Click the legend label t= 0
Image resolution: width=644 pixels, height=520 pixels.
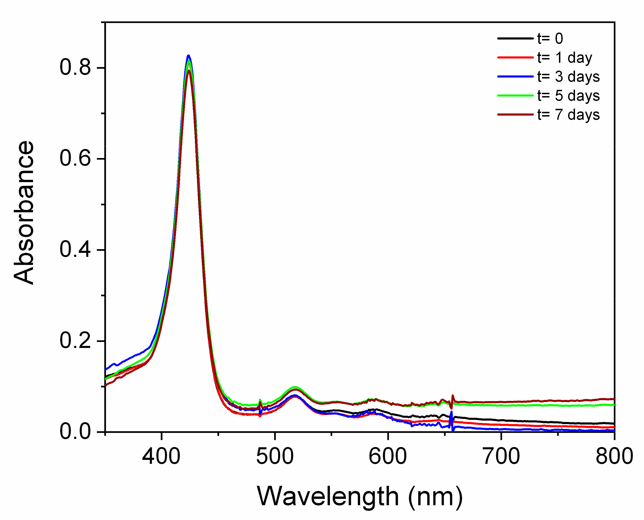pyautogui.click(x=550, y=39)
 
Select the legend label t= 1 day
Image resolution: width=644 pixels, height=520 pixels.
pyautogui.click(x=564, y=58)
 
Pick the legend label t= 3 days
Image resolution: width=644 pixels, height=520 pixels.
pyautogui.click(x=568, y=77)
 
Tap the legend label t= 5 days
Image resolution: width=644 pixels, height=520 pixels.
pyautogui.click(x=568, y=96)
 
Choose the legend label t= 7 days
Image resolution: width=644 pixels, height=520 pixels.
pyautogui.click(x=568, y=115)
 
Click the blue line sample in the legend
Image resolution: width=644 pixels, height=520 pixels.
pyautogui.click(x=515, y=77)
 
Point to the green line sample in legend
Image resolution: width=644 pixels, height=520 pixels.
pyautogui.click(x=515, y=96)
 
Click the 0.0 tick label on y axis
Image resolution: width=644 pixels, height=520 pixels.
pyautogui.click(x=75, y=432)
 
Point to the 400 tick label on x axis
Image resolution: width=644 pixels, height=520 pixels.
pyautogui.click(x=161, y=456)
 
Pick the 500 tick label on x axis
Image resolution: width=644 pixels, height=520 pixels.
pyautogui.click(x=274, y=456)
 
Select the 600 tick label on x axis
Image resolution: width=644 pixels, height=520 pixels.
pyautogui.click(x=388, y=456)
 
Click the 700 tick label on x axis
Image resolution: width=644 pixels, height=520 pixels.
pyautogui.click(x=501, y=456)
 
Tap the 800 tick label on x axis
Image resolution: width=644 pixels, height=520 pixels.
pyautogui.click(x=614, y=456)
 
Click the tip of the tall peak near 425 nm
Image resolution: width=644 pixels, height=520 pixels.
pyautogui.click(x=188, y=56)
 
